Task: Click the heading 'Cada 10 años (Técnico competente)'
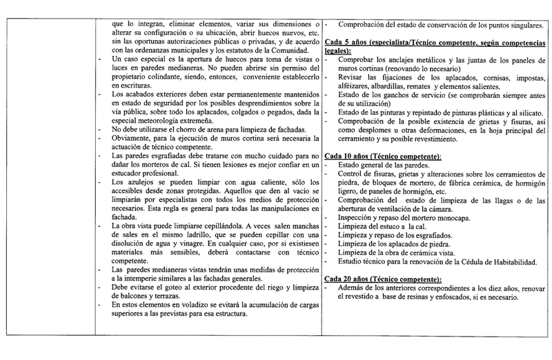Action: (382, 158)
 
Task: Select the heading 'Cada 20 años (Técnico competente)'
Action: (382, 279)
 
